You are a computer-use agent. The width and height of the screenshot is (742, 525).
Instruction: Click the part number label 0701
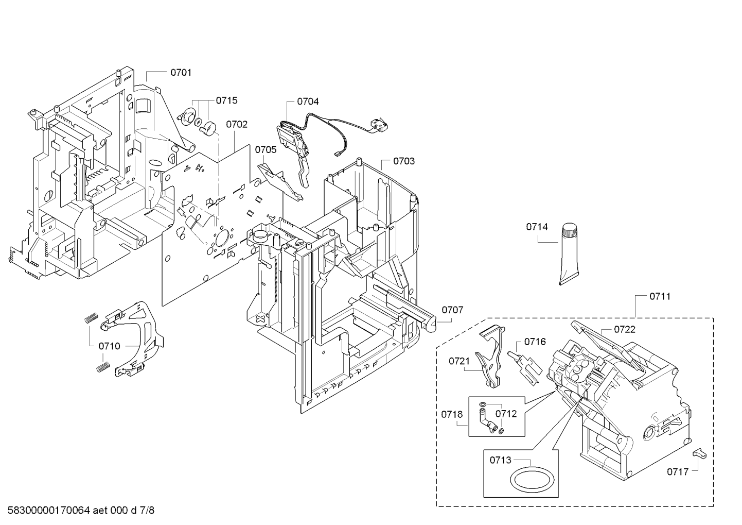pyautogui.click(x=181, y=72)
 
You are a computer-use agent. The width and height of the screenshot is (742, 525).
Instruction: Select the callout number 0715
pyautogui.click(x=226, y=100)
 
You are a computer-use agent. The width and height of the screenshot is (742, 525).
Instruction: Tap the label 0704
pyautogui.click(x=308, y=101)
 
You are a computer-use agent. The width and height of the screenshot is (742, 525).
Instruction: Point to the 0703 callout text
pyautogui.click(x=404, y=161)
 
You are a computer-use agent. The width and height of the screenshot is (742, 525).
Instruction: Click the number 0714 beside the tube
pyautogui.click(x=537, y=227)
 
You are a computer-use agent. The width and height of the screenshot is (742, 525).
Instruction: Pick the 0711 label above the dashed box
pyautogui.click(x=660, y=296)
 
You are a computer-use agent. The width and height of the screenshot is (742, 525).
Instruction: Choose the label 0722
pyautogui.click(x=625, y=329)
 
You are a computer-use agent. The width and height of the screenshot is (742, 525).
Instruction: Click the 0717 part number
pyautogui.click(x=678, y=471)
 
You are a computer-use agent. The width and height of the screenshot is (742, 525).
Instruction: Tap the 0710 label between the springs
pyautogui.click(x=109, y=346)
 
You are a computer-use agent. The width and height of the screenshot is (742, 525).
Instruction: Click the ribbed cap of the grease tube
pyautogui.click(x=569, y=230)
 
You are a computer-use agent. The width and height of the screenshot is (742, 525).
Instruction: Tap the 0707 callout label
pyautogui.click(x=452, y=310)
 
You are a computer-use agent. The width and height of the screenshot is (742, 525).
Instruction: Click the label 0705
pyautogui.click(x=266, y=150)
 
